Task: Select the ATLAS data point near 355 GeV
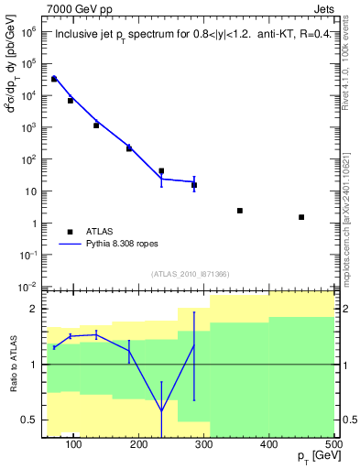click(240, 211)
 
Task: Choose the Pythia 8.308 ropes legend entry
click(129, 245)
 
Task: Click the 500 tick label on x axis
click(333, 445)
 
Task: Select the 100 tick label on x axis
click(74, 445)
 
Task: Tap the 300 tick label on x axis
click(204, 445)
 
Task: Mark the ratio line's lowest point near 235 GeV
click(161, 409)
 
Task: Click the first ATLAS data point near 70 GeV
click(54, 79)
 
